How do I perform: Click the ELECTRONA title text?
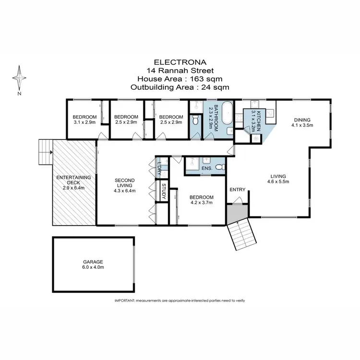tap(180, 62)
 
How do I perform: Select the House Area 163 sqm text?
tap(180, 79)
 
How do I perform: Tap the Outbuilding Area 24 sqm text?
tap(180, 87)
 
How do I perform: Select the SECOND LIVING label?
tap(125, 183)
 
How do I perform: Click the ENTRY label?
tap(237, 190)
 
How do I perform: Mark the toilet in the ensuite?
tap(219, 167)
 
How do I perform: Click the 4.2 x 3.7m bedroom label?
tap(201, 200)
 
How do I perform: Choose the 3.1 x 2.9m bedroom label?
tap(84, 120)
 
